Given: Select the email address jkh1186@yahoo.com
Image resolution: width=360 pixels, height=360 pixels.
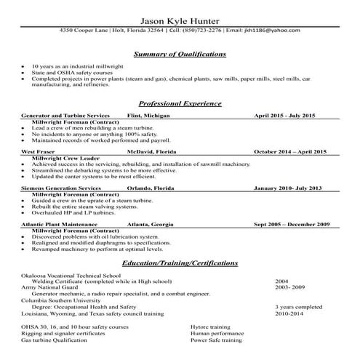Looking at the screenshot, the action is click(x=272, y=32).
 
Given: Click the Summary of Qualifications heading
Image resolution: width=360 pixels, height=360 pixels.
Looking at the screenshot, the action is click(x=180, y=55).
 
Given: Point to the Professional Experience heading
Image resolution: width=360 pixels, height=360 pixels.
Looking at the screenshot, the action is click(x=180, y=104).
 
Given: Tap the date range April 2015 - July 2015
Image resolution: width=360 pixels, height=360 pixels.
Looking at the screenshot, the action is click(x=284, y=116).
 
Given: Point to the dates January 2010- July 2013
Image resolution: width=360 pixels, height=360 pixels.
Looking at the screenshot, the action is click(x=287, y=188).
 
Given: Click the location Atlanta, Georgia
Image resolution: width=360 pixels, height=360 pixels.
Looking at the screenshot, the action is click(x=152, y=224).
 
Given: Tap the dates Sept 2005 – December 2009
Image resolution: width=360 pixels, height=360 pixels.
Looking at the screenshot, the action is click(x=292, y=224).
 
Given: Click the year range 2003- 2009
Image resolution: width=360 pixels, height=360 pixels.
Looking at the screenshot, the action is click(x=291, y=287).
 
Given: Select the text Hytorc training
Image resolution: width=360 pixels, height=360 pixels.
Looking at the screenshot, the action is click(x=209, y=327).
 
